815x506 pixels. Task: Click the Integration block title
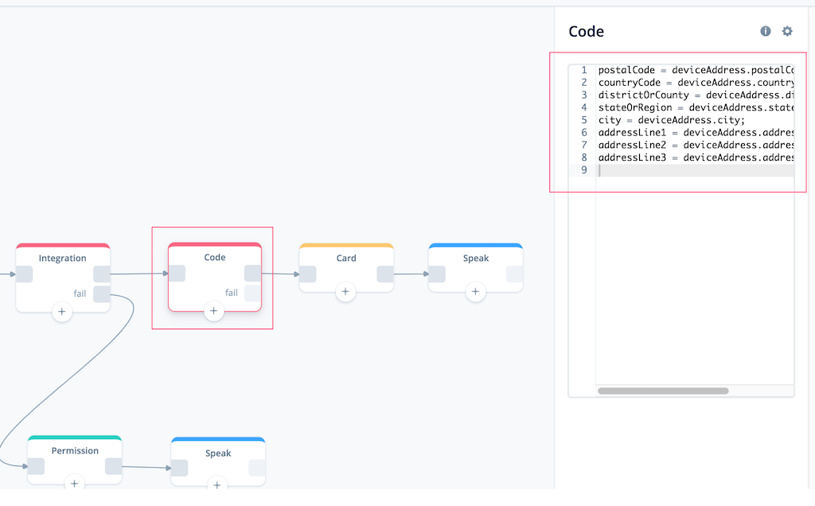(x=62, y=259)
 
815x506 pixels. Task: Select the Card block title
(x=346, y=259)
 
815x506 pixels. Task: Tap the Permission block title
(x=75, y=450)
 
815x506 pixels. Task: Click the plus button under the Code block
(x=213, y=310)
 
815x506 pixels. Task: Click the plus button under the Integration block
(x=62, y=312)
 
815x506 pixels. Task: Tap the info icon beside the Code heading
(x=766, y=31)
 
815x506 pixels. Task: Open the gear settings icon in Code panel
(x=787, y=31)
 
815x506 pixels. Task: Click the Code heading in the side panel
(x=587, y=32)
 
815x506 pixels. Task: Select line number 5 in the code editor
(x=584, y=120)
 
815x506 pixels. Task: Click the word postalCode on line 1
(x=626, y=70)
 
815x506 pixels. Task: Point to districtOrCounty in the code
(x=643, y=95)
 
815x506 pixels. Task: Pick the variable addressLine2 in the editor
(x=632, y=145)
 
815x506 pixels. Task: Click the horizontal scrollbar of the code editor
(x=663, y=391)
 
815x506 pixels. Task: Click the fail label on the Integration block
(x=80, y=294)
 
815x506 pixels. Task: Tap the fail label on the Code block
(x=232, y=293)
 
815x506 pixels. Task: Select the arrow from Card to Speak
(x=411, y=274)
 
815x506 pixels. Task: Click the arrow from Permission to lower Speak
(x=146, y=467)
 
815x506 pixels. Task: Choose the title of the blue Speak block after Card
(x=476, y=259)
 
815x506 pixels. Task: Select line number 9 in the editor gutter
(x=584, y=170)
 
